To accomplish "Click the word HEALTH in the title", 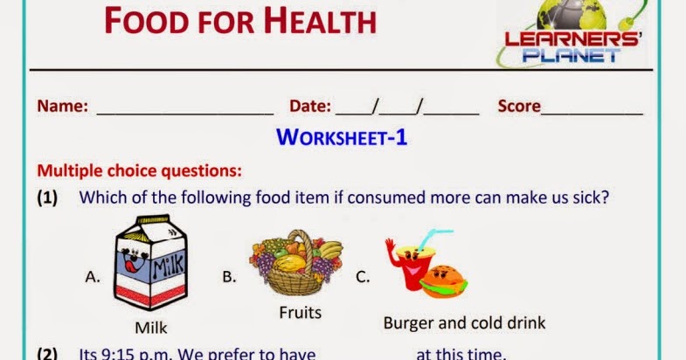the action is coord(320,21).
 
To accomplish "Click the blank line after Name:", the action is coord(185,114).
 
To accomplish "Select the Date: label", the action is coord(309,106).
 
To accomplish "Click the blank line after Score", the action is coord(592,114).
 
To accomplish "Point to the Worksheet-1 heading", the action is coord(342,137).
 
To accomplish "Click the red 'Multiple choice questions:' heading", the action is coord(140,170).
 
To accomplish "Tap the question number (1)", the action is coord(47,197).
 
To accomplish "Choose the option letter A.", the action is coord(93,277).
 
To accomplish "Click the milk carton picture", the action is coord(150,262).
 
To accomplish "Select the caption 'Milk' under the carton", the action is coord(151,328).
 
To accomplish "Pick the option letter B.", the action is coord(229,277).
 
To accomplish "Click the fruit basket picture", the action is coord(296,262).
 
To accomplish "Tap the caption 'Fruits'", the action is coord(300,313).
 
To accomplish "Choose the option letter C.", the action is coord(363,277).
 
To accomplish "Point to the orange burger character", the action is coord(444,281).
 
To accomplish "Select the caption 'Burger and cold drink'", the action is coord(464,323).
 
